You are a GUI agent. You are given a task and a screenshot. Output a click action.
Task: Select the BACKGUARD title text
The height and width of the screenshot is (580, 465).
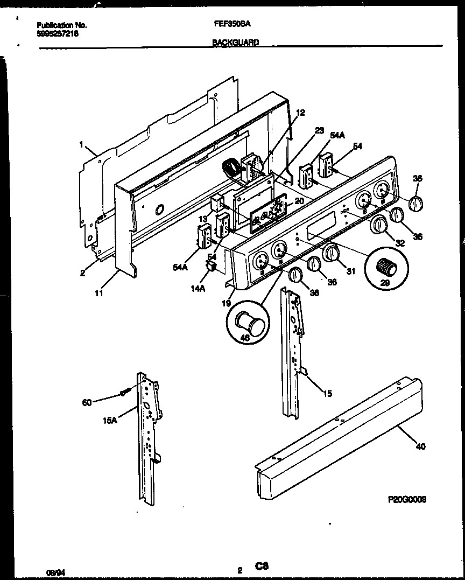[235, 42]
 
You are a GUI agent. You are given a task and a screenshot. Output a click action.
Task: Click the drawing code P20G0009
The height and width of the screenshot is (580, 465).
[407, 499]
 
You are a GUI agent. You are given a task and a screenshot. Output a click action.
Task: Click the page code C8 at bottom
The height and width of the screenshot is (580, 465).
[262, 566]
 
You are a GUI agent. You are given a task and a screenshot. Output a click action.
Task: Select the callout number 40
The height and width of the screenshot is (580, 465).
[420, 446]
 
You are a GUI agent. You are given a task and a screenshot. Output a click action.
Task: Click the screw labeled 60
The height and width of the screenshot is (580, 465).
[124, 393]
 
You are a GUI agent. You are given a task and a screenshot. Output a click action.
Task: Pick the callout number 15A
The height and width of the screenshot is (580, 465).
[109, 421]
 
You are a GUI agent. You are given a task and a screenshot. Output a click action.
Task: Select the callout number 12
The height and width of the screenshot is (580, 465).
[300, 113]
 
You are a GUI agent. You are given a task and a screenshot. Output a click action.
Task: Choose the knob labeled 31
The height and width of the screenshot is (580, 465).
[332, 252]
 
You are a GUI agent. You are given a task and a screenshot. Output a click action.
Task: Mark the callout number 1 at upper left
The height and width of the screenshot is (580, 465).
[81, 144]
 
